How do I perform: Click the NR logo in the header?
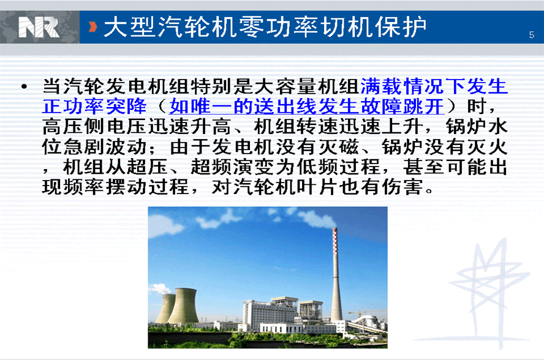click(39, 28)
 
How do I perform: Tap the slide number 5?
click(532, 35)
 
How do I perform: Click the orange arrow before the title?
click(93, 27)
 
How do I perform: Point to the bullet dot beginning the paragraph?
click(24, 86)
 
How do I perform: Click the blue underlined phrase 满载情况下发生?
click(434, 86)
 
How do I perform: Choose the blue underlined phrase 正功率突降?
click(94, 106)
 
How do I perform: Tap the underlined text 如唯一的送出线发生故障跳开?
click(307, 106)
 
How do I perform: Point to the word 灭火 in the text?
click(488, 147)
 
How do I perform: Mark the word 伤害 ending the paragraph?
click(402, 187)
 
